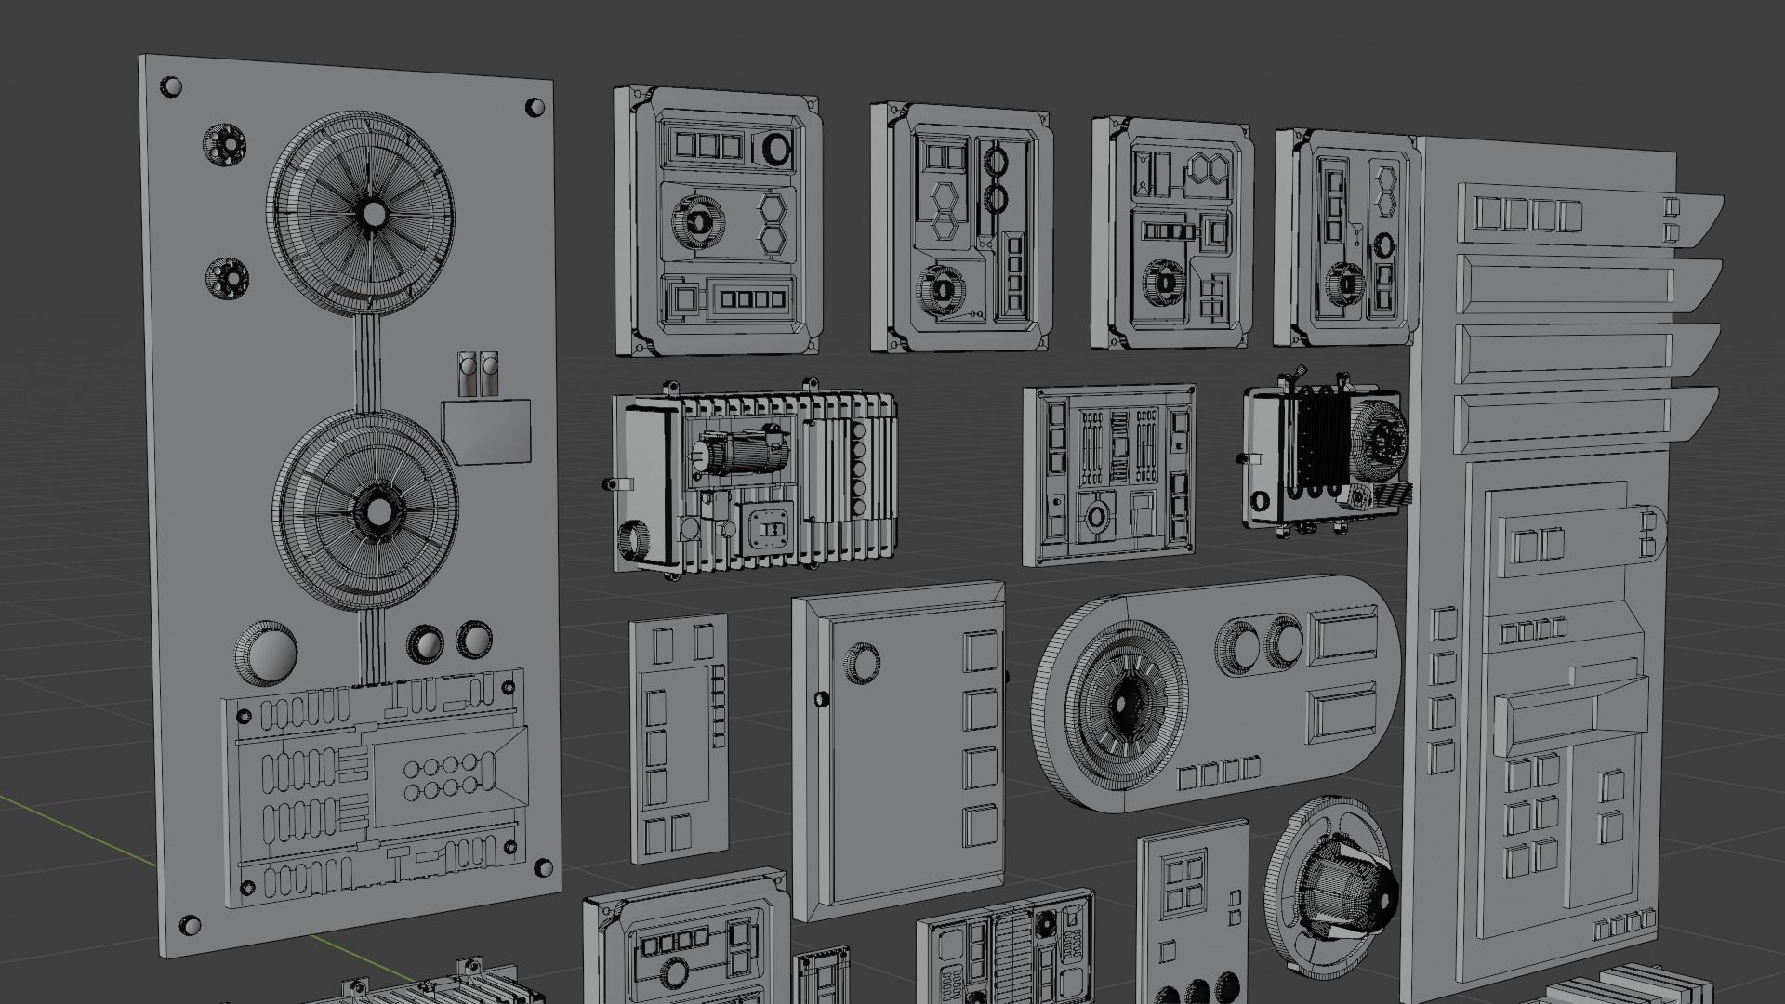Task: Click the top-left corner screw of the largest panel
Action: click(171, 87)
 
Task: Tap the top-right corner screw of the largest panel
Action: click(535, 107)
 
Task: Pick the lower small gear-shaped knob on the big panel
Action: click(226, 277)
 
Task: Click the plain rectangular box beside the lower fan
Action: click(487, 430)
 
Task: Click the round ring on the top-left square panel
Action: click(777, 147)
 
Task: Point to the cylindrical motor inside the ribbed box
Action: click(744, 453)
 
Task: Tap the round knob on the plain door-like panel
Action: click(862, 661)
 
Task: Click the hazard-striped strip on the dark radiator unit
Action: click(1393, 494)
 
